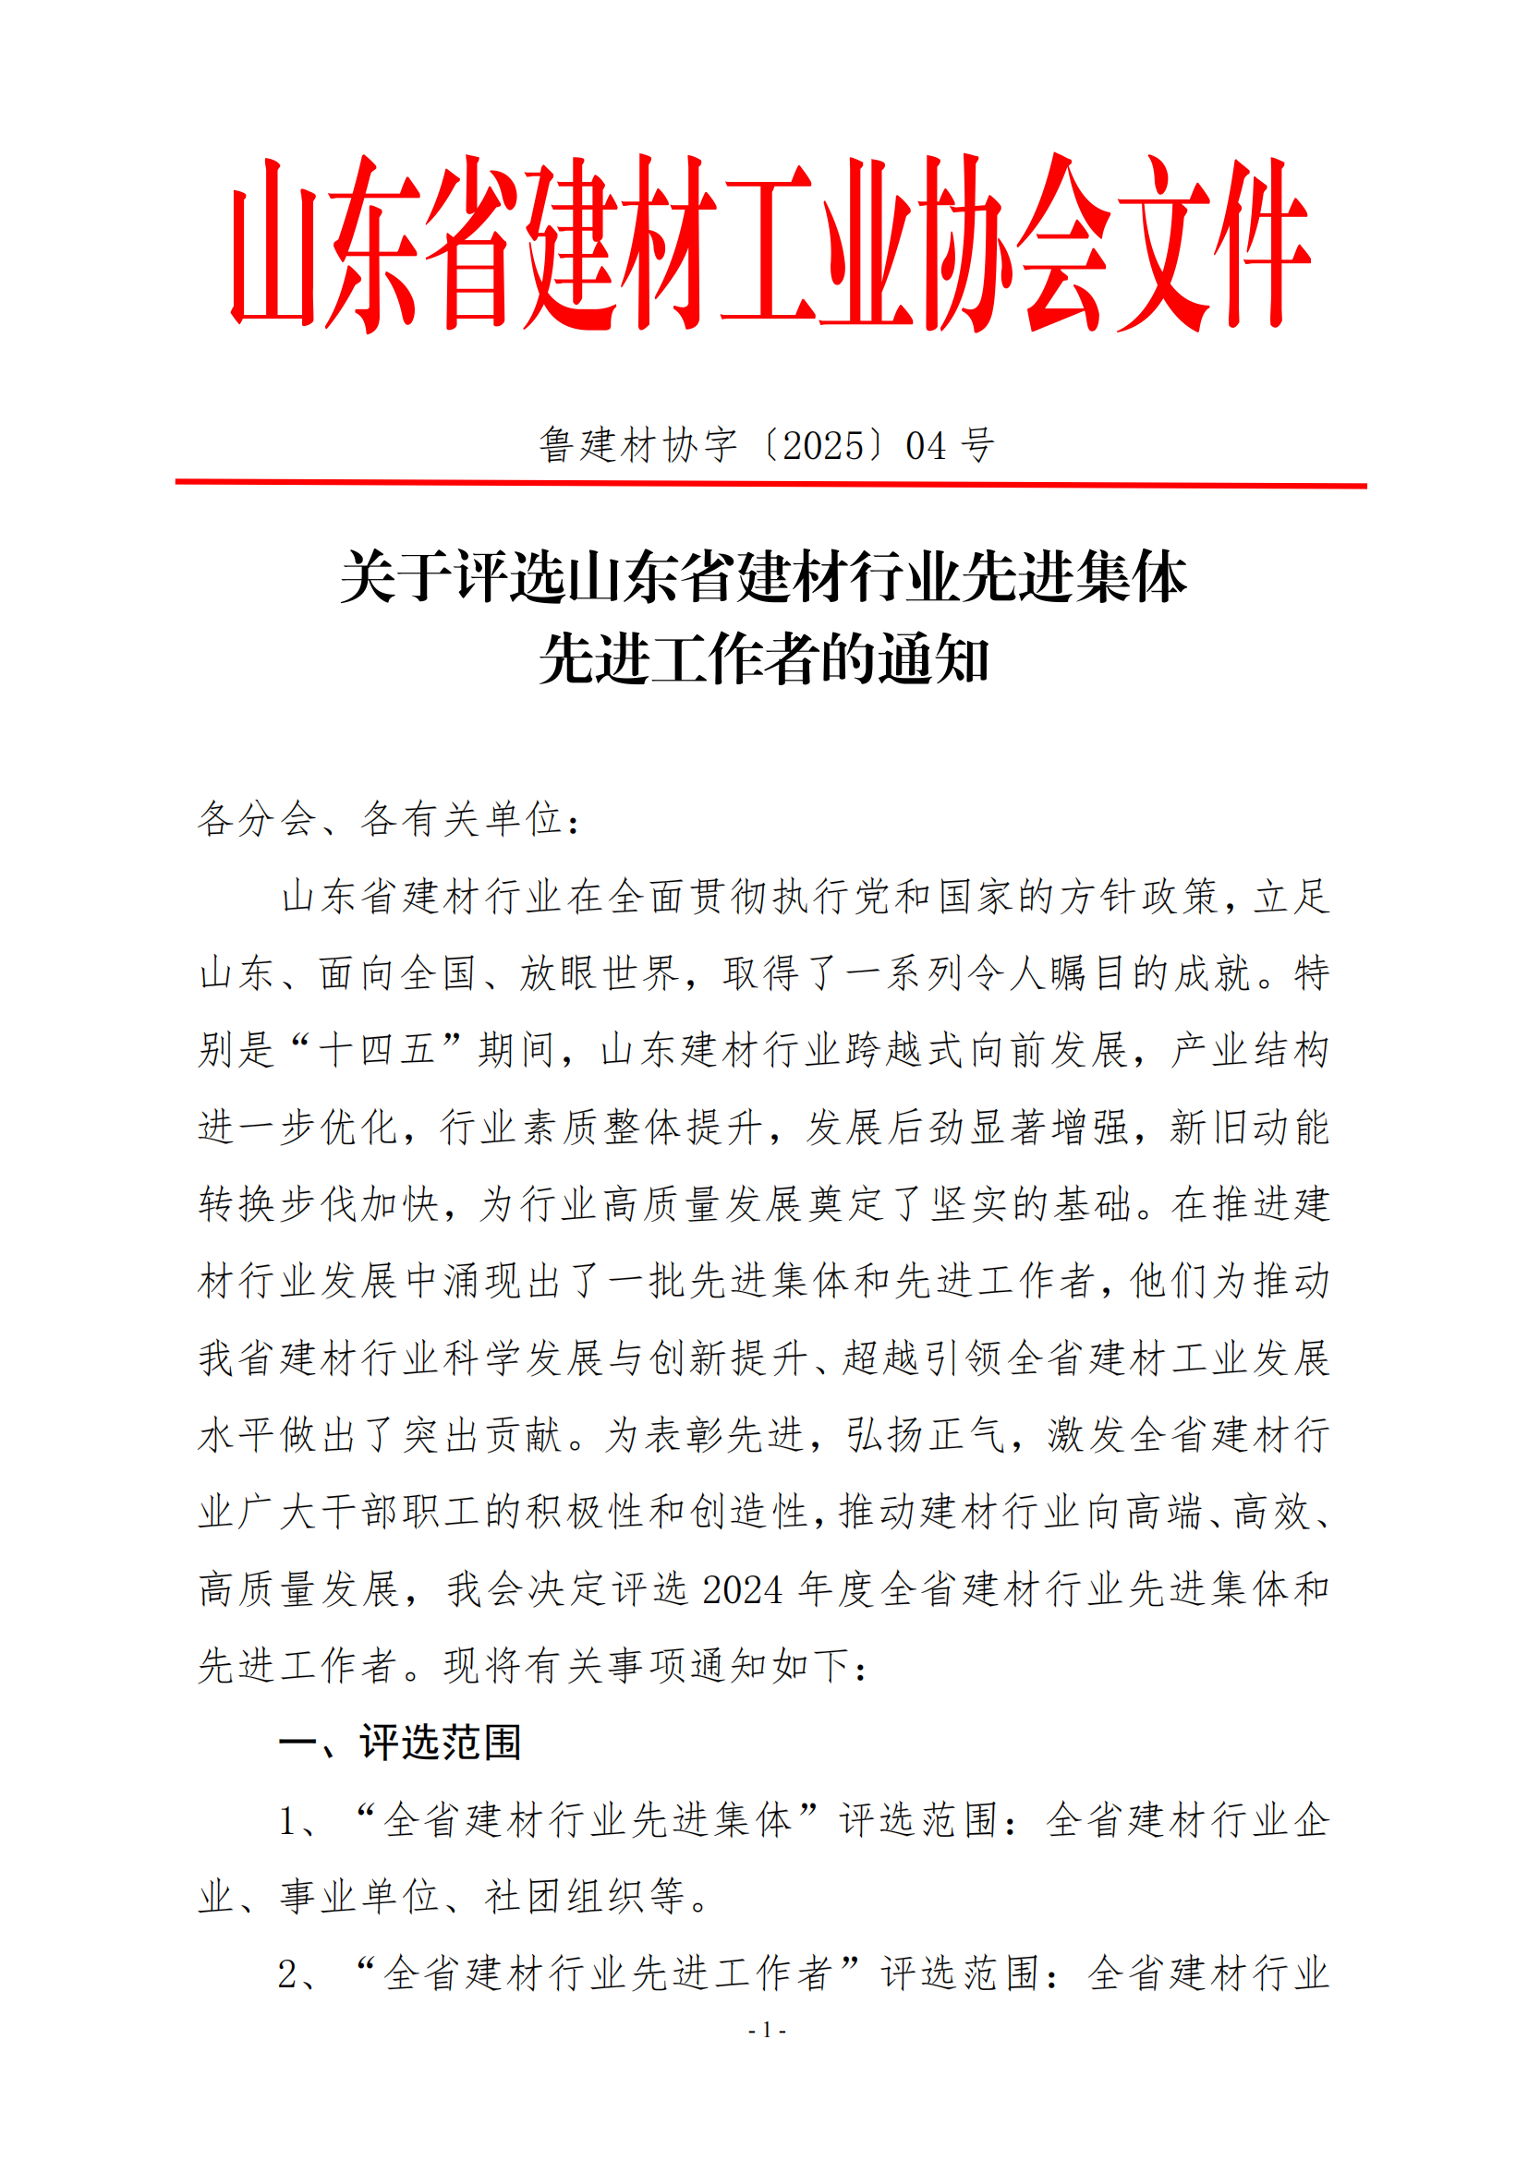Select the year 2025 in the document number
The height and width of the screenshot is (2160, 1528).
pyautogui.click(x=823, y=446)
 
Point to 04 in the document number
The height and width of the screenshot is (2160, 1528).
pyautogui.click(x=926, y=446)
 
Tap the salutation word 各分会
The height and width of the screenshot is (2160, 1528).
pyautogui.click(x=257, y=818)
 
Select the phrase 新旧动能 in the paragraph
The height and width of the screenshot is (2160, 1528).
pyautogui.click(x=1249, y=1126)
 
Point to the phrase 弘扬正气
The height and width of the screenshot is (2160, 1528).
pyautogui.click(x=925, y=1435)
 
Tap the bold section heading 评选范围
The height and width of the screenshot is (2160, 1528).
pyautogui.click(x=441, y=1743)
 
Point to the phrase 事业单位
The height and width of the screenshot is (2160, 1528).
pyautogui.click(x=359, y=1897)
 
